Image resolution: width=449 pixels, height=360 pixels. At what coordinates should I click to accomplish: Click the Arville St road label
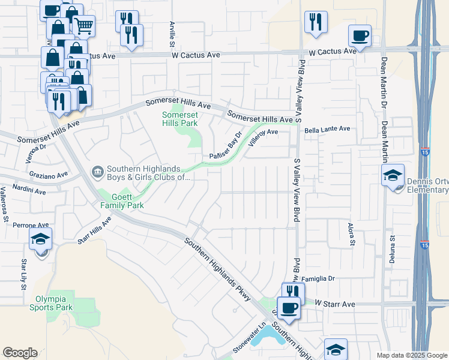pos(172,34)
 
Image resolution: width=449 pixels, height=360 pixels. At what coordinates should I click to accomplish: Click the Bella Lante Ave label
pos(327,129)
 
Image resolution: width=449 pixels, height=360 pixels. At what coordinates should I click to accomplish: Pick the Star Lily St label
pos(24,273)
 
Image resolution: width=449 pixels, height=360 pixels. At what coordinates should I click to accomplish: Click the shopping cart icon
pos(84,25)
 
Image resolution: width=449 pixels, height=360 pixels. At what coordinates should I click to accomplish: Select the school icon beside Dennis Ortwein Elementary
pos(393,175)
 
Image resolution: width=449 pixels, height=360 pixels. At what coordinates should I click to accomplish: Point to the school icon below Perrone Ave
pos(40,241)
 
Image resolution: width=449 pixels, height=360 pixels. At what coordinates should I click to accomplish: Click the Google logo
pos(20,353)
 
